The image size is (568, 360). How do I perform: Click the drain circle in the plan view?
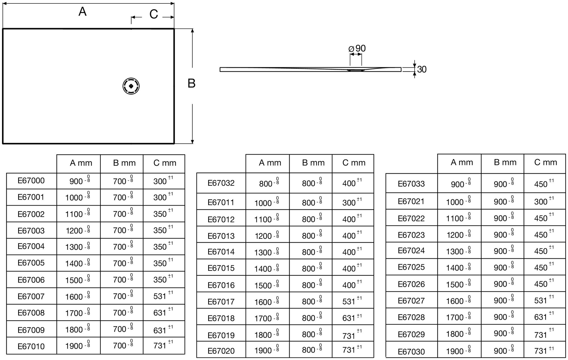131,86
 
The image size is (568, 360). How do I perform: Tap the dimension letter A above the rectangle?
82,12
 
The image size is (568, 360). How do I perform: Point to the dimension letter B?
191,83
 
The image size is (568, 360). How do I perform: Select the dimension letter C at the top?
154,14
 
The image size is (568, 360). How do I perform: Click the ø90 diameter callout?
357,49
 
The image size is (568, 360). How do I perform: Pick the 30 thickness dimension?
422,69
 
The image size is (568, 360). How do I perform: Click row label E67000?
31,181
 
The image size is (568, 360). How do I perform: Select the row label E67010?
31,346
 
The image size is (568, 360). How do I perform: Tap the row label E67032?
221,183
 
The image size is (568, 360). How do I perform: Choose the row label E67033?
411,184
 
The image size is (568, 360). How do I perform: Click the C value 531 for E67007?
160,296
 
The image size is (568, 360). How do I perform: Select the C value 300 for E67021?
541,202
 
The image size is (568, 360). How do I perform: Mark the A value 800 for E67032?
266,184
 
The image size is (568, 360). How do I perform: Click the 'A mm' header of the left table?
81,163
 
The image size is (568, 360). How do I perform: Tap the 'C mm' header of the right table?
545,162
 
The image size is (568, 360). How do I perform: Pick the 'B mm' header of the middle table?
313,163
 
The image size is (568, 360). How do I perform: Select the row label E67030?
411,352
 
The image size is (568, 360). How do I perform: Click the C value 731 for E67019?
349,336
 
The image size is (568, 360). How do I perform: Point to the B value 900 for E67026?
500,284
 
